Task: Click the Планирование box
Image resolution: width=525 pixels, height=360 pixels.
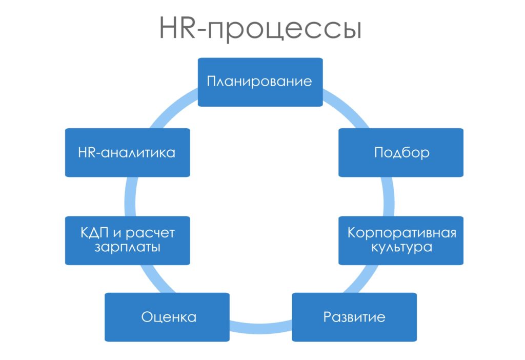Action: tap(260, 82)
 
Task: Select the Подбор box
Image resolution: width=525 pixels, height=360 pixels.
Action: tap(401, 153)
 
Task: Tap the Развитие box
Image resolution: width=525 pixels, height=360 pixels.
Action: tap(354, 317)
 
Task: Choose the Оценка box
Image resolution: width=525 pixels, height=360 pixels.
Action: tap(167, 317)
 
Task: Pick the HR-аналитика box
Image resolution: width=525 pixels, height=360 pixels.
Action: tap(127, 153)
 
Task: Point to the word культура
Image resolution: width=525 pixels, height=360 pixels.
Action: tap(401, 248)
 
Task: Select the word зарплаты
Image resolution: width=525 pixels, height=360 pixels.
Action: tap(127, 248)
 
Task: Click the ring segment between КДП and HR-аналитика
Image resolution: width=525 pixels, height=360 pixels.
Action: tap(130, 196)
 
